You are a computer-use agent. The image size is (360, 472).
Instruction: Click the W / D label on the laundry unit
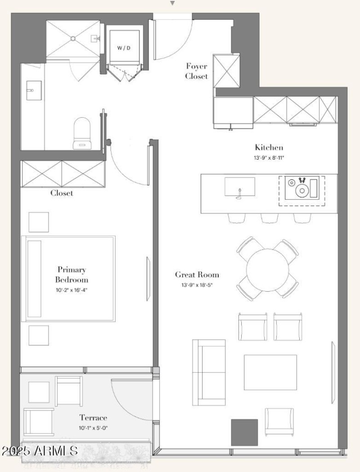[124, 48]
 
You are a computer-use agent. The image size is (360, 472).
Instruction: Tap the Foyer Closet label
[197, 71]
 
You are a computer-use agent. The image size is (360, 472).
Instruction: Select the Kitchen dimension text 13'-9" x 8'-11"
[269, 158]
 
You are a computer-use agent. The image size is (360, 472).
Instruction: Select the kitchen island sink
[239, 187]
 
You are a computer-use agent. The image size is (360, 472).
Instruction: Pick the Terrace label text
[93, 418]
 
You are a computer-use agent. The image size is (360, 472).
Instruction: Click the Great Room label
[197, 275]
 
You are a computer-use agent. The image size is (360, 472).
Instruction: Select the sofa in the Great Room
[209, 372]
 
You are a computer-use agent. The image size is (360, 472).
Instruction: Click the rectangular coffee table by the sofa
[270, 372]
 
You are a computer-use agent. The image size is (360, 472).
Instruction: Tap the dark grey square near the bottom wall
[244, 432]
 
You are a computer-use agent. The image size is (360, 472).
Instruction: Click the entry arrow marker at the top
[172, 3]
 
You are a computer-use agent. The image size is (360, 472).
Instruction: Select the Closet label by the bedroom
[62, 193]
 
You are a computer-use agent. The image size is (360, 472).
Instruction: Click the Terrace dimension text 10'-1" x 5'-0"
[93, 428]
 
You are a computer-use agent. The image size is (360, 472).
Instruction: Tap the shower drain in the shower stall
[72, 39]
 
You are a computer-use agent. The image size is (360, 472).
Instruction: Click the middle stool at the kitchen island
[269, 218]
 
